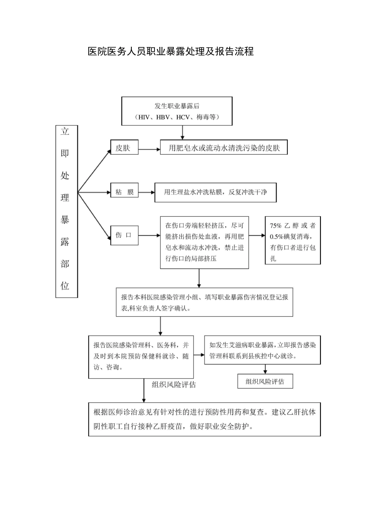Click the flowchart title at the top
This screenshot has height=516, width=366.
[x=171, y=51]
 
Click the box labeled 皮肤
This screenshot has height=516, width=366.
[x=124, y=147]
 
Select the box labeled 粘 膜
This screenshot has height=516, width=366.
[x=124, y=192]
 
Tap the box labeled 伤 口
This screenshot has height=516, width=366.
[x=124, y=235]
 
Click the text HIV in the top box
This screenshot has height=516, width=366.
[x=144, y=117]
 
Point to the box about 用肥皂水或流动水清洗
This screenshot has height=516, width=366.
[x=223, y=148]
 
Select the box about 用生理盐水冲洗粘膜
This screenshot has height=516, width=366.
[x=215, y=192]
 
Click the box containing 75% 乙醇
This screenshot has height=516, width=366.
[x=293, y=241]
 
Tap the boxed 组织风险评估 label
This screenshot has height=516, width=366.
[x=265, y=381]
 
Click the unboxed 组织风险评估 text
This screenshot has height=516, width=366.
[x=174, y=384]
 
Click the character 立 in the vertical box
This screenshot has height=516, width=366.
[x=65, y=132]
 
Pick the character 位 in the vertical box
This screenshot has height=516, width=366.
[x=65, y=286]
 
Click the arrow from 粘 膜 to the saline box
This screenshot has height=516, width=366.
[x=146, y=192]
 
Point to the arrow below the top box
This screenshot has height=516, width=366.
[x=182, y=132]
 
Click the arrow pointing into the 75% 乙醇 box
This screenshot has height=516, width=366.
[x=257, y=235]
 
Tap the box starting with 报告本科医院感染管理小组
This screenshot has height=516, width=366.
[x=205, y=302]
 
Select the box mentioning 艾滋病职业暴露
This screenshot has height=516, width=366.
[x=262, y=350]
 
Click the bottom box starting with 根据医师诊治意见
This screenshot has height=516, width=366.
[x=205, y=419]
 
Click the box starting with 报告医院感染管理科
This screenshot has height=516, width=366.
[x=141, y=356]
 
